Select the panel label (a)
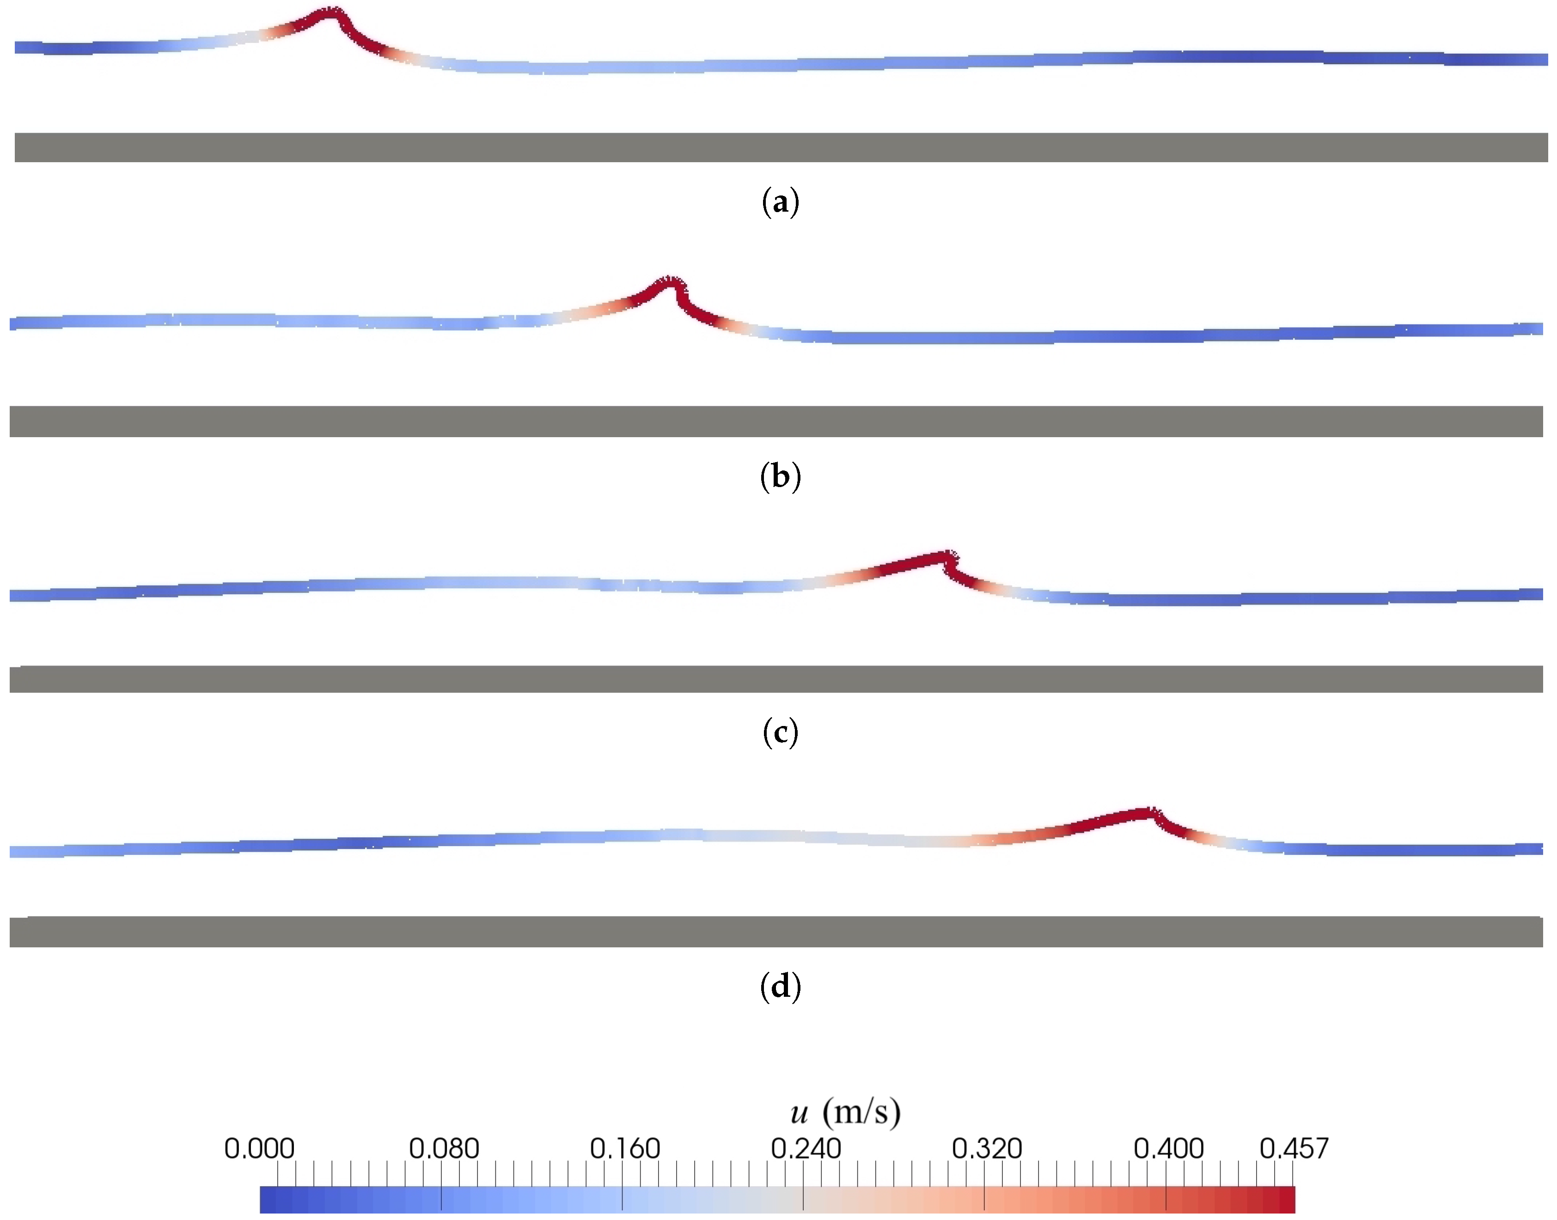point(780,202)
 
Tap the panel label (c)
point(780,732)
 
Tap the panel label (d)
point(780,987)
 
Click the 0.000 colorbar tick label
point(259,1148)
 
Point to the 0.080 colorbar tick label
point(444,1148)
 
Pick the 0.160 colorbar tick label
point(625,1148)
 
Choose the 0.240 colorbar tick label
point(806,1148)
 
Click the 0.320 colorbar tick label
point(987,1148)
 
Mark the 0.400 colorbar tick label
point(1168,1148)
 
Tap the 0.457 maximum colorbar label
point(1294,1148)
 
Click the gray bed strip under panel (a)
point(780,147)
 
